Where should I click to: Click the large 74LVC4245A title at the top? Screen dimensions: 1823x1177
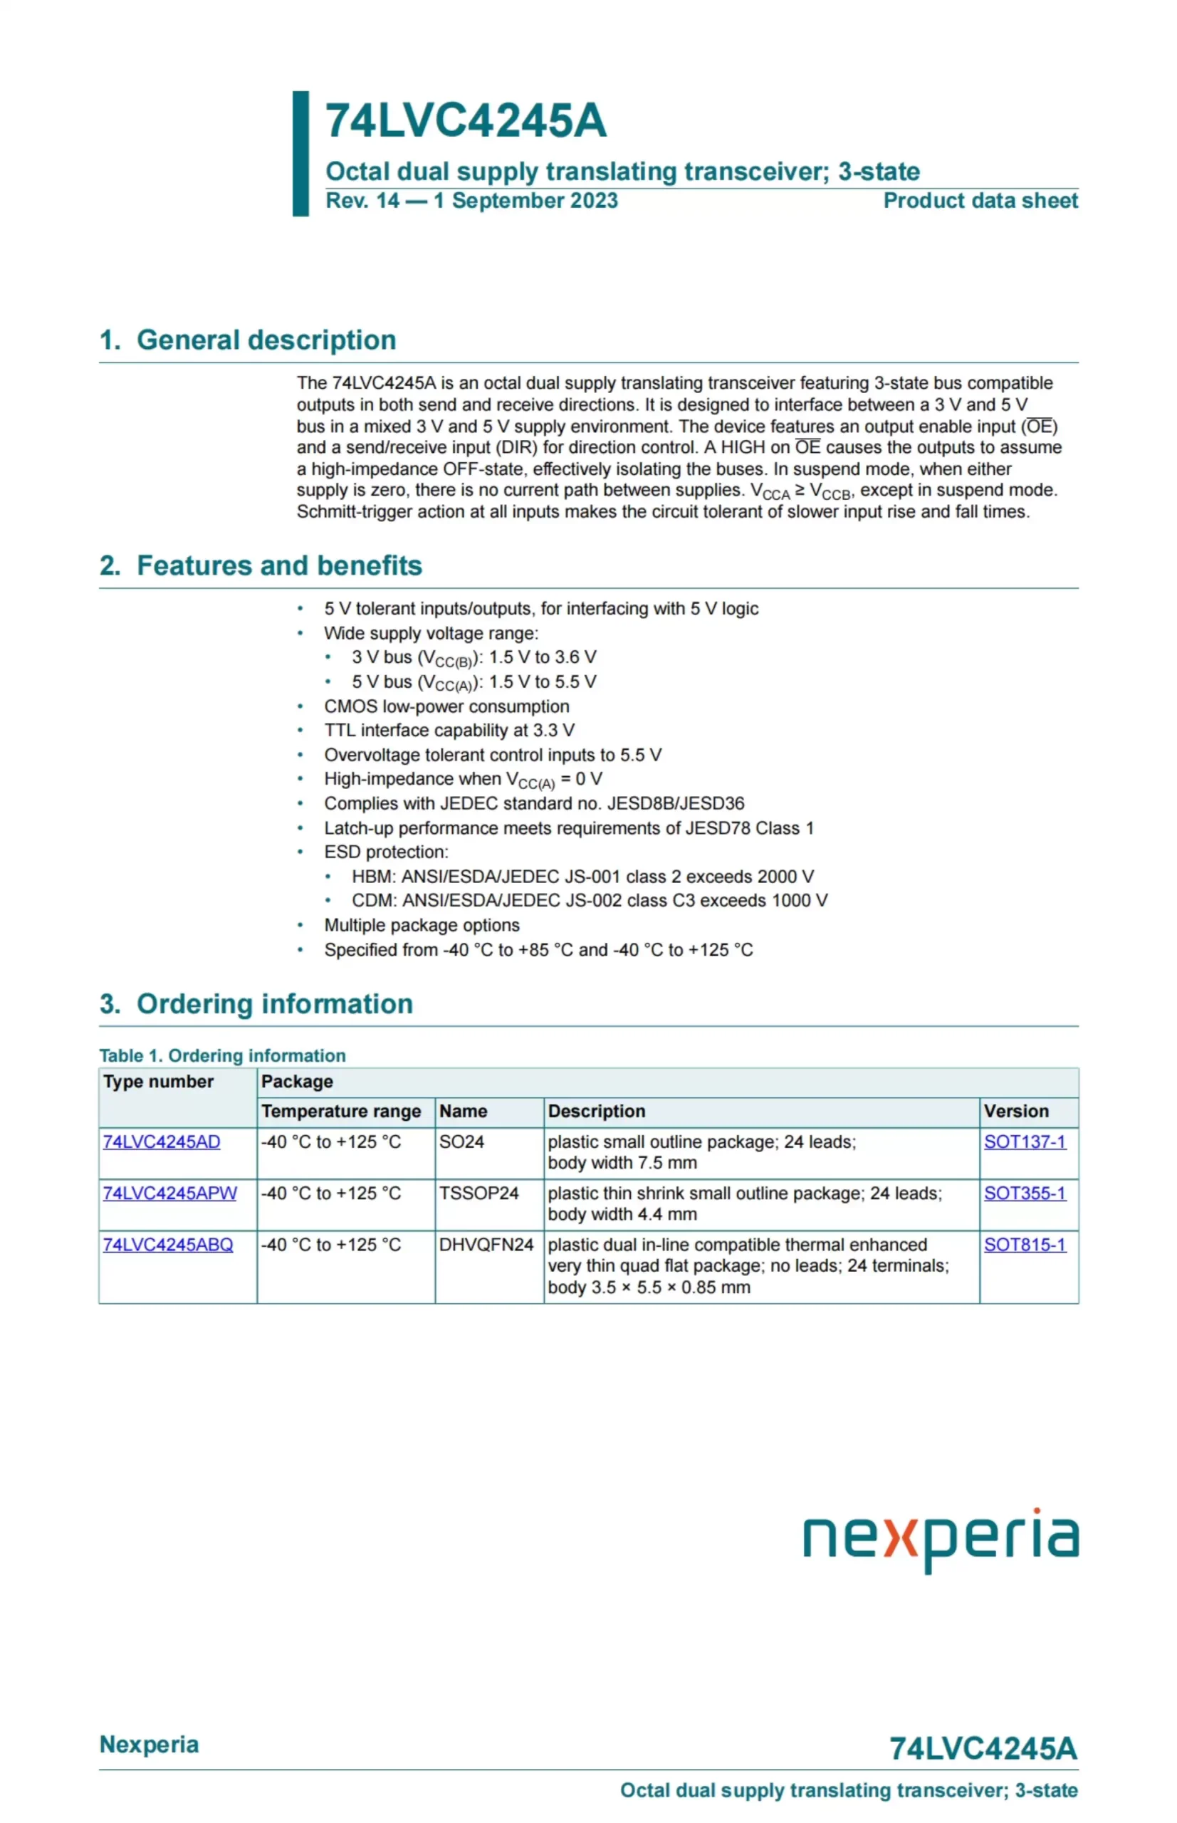click(466, 121)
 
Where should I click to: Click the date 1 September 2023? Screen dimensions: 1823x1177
click(525, 201)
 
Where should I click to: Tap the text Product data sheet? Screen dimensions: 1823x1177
click(980, 201)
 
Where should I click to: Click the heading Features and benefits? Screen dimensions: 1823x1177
click(279, 565)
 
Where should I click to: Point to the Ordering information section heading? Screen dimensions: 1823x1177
click(273, 1003)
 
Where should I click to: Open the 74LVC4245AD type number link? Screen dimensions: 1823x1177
click(161, 1142)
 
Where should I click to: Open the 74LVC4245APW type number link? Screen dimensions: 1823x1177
click(169, 1193)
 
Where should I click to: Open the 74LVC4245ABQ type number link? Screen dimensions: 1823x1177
click(167, 1244)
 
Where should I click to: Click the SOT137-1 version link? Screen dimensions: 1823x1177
click(1024, 1142)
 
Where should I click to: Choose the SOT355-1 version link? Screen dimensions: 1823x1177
click(1024, 1193)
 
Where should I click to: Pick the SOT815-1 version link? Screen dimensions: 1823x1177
click(1024, 1244)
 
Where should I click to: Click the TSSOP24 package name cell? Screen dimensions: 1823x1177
click(478, 1193)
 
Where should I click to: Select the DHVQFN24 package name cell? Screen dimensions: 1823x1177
click(486, 1244)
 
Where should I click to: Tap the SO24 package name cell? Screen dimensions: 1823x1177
click(461, 1142)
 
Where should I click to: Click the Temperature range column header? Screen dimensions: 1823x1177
click(341, 1112)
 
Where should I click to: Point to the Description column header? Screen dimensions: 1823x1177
click(596, 1112)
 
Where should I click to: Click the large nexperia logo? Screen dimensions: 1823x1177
click(940, 1538)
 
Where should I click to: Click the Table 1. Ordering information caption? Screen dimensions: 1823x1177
click(222, 1055)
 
